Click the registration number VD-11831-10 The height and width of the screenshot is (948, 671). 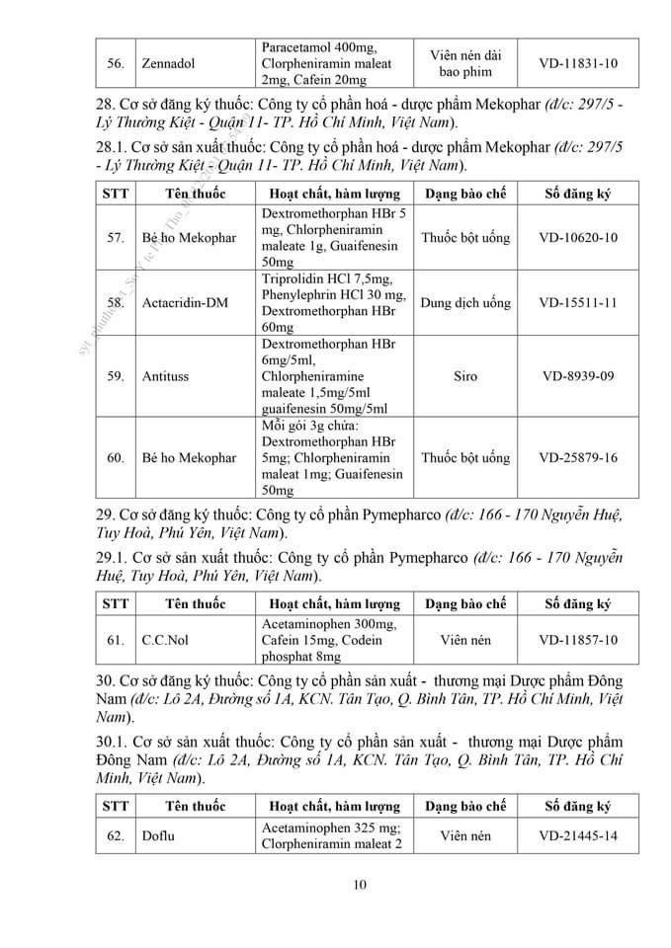tap(578, 63)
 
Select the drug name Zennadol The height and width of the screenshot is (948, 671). tap(167, 63)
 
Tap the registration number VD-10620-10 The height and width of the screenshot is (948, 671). tap(578, 238)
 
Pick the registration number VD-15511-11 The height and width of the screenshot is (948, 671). tap(578, 302)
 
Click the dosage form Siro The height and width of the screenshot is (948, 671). tap(466, 376)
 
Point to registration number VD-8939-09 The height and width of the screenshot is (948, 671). tap(578, 376)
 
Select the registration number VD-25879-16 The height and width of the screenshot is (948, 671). tap(578, 458)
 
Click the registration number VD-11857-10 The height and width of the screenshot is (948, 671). tap(578, 640)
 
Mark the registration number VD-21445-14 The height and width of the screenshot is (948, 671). tap(578, 835)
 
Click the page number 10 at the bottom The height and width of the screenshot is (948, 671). tap(359, 885)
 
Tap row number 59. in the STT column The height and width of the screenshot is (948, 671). tap(115, 376)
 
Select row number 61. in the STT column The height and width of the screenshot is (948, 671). tap(115, 640)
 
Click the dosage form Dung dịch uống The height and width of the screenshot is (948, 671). tap(465, 302)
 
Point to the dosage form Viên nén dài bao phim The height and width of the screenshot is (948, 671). tap(466, 63)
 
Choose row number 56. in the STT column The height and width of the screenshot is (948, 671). tap(115, 63)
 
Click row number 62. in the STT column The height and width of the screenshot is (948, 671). tap(115, 835)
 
